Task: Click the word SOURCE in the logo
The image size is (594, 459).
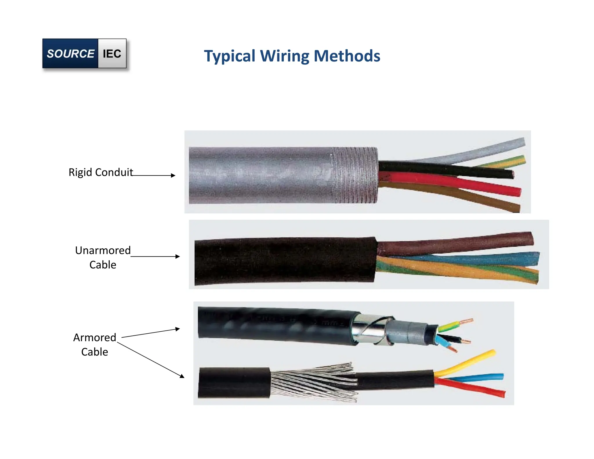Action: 70,54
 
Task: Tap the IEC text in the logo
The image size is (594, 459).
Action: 112,54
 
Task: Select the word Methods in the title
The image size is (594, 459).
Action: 347,56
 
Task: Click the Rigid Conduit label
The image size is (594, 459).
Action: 101,172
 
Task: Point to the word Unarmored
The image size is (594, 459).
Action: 103,250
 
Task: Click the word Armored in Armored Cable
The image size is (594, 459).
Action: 95,337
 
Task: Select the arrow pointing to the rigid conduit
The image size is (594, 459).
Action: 154,175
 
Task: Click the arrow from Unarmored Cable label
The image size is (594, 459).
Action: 155,256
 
